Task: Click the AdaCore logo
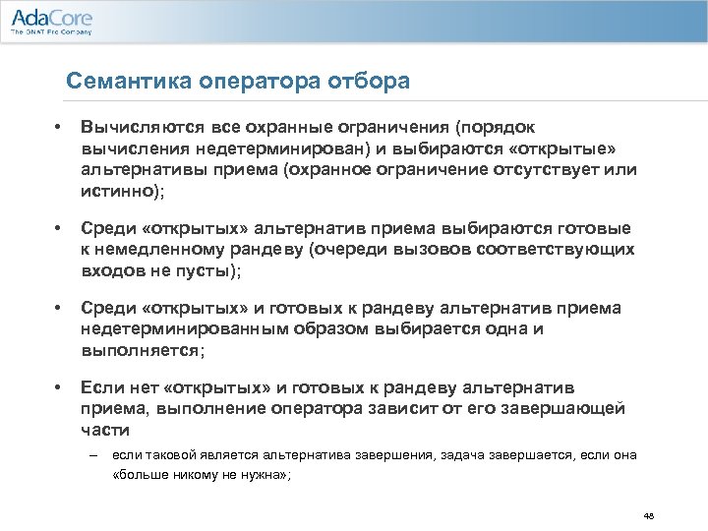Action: click(x=49, y=17)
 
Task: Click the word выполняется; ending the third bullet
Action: click(x=144, y=350)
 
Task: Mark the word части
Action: click(x=104, y=430)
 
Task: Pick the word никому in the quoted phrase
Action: click(x=196, y=473)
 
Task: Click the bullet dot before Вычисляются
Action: click(x=59, y=128)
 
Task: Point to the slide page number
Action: click(x=648, y=514)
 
